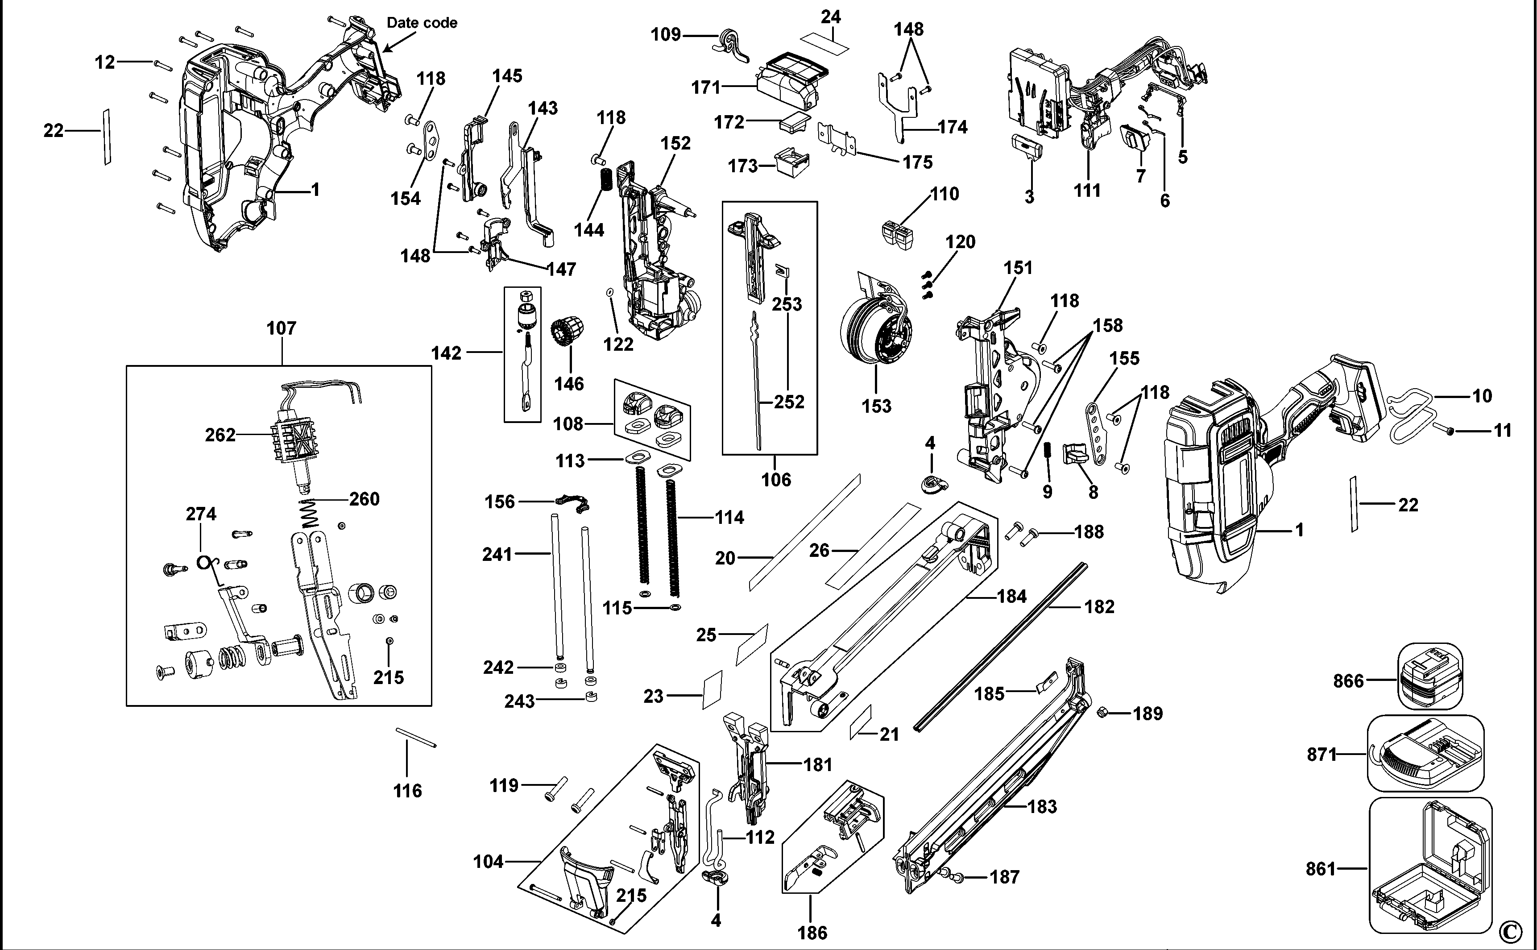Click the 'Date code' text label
[x=422, y=23]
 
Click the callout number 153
[x=876, y=406]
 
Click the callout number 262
[x=220, y=435]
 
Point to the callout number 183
[x=1042, y=806]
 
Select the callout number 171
[x=705, y=87]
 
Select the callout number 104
[x=488, y=861]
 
